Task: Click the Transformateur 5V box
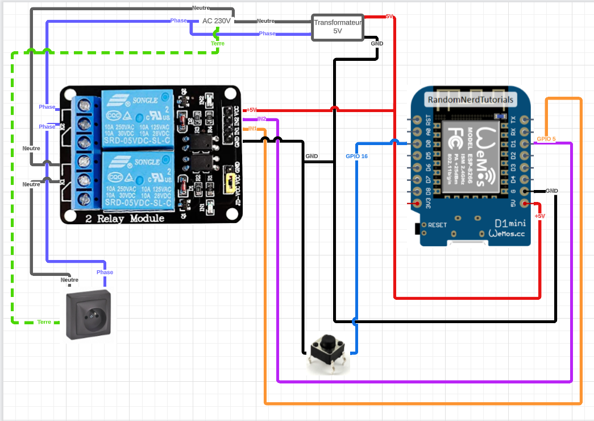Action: (x=338, y=27)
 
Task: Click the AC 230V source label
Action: (x=217, y=20)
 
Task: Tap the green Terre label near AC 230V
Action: (x=217, y=43)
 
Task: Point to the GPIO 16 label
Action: (x=357, y=156)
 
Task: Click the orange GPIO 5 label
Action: (x=546, y=139)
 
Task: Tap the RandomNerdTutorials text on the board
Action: (x=471, y=100)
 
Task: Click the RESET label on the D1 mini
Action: (x=438, y=225)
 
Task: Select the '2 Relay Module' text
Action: (x=125, y=218)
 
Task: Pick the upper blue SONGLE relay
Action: (x=137, y=119)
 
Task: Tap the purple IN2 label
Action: (x=261, y=119)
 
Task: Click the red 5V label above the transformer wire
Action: (x=389, y=16)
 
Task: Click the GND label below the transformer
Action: (x=377, y=43)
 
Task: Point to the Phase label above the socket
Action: (x=105, y=272)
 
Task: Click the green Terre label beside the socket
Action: (x=44, y=322)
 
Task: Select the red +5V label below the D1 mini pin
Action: (x=539, y=216)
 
